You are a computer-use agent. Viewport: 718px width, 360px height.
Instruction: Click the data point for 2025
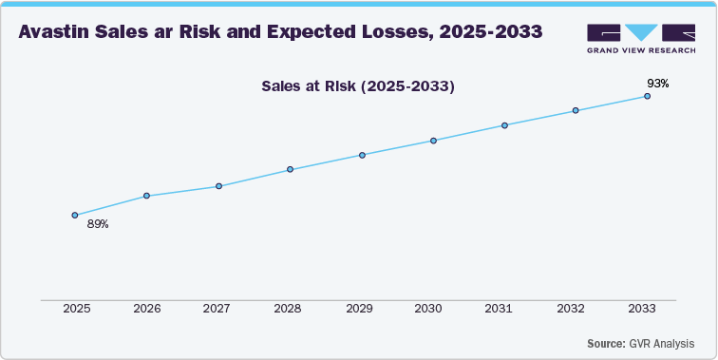[x=75, y=215]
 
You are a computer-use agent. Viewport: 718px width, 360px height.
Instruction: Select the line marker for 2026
[x=146, y=196]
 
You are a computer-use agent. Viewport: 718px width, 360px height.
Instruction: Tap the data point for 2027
[x=218, y=186]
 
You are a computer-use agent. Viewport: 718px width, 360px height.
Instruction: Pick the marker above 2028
[x=290, y=170]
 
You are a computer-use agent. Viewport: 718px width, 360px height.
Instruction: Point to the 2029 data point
[x=362, y=155]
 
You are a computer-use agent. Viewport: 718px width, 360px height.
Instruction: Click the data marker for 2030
[x=433, y=141]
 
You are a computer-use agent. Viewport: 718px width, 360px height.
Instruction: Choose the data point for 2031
[x=504, y=125]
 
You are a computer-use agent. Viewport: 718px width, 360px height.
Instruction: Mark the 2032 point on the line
[x=576, y=111]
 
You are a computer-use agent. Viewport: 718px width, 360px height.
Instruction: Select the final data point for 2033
[x=648, y=96]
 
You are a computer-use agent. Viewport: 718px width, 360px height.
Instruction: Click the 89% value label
[x=98, y=225]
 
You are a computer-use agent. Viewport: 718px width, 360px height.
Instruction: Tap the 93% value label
[x=658, y=84]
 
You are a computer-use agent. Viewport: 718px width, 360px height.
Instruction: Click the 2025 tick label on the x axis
[x=75, y=310]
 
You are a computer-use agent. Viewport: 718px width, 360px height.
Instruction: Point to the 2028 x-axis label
[x=290, y=310]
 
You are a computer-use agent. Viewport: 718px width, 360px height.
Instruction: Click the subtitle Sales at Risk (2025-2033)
[x=358, y=86]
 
